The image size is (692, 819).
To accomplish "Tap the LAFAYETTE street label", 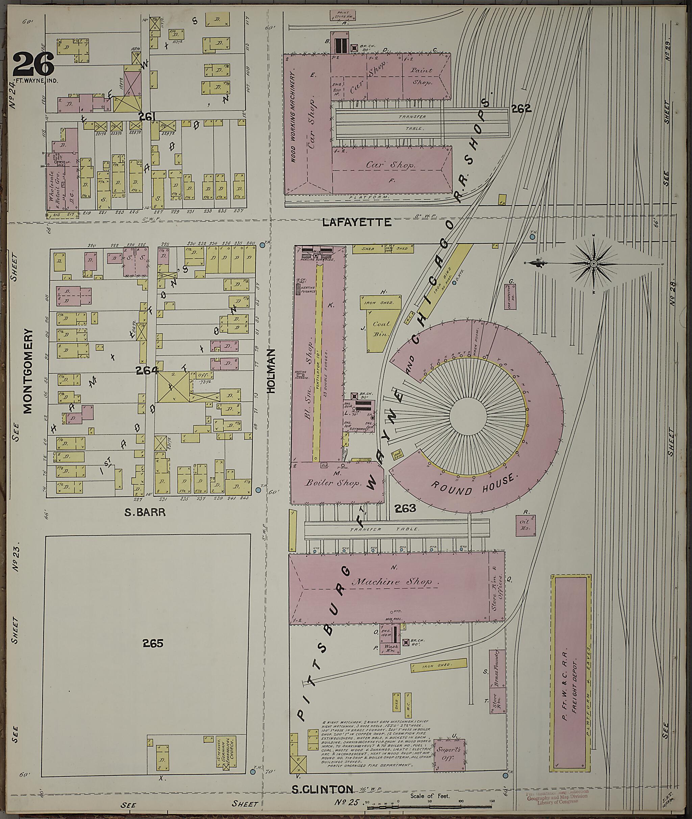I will click(356, 223).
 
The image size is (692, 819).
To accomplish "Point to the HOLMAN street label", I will click(271, 371).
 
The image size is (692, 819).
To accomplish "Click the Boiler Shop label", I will click(333, 483).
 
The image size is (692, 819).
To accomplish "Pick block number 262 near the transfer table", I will click(521, 109).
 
